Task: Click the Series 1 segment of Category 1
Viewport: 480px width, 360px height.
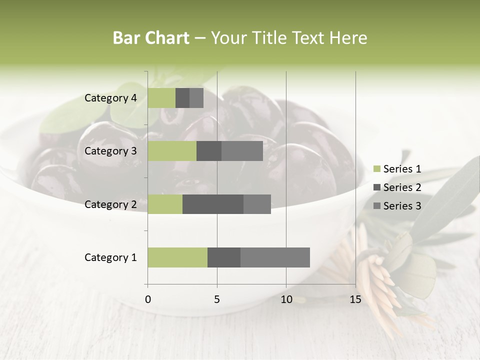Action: [177, 257]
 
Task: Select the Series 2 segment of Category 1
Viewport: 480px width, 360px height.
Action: [224, 257]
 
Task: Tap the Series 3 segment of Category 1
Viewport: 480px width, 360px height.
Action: [275, 257]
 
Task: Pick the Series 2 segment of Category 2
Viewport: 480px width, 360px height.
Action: [213, 204]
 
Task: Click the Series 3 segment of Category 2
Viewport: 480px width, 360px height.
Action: [257, 204]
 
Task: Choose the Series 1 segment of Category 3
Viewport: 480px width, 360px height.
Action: [172, 151]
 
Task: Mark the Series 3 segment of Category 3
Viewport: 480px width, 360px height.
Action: [242, 151]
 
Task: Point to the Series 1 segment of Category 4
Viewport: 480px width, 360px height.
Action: [161, 98]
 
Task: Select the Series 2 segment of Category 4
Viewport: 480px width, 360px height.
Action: [182, 98]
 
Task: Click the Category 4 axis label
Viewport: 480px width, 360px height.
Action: [110, 98]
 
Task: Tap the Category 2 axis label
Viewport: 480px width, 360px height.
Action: [110, 204]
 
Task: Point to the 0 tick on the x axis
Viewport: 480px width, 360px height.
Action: [147, 299]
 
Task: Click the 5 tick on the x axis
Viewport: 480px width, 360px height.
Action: [217, 299]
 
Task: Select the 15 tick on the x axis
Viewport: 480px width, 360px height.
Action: [355, 299]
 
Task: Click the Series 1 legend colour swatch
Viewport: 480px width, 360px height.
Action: [376, 169]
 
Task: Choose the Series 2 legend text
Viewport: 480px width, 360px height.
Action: [402, 187]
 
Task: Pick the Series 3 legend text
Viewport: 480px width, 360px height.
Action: [402, 205]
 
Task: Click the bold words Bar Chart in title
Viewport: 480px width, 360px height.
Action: [151, 37]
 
